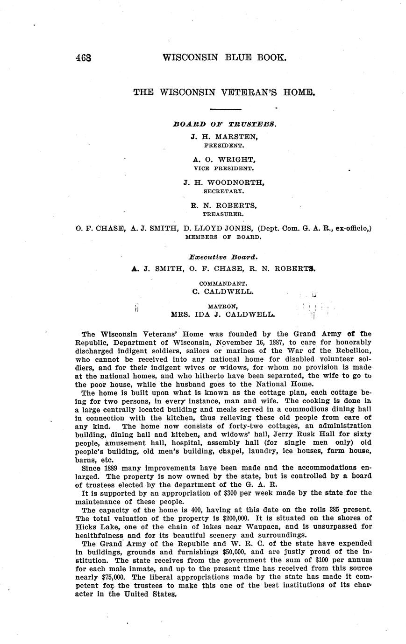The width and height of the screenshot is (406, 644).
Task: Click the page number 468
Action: (83, 58)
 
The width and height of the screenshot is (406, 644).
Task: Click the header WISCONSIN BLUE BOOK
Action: (224, 58)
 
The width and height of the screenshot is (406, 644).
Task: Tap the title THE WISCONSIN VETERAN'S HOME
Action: (224, 92)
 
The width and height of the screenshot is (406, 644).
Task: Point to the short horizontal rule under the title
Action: (225, 110)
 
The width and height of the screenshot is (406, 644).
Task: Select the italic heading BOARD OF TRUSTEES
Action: (224, 125)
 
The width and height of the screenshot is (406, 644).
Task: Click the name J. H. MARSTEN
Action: (224, 137)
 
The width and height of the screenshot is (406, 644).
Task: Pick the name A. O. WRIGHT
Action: (224, 160)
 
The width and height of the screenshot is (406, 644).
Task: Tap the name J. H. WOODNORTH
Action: (224, 182)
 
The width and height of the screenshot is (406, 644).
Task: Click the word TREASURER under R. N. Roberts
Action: (223, 214)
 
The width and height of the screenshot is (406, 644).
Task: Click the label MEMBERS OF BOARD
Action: (223, 237)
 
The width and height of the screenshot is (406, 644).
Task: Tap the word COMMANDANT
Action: (223, 283)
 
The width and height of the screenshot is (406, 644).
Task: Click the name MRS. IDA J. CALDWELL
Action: (223, 314)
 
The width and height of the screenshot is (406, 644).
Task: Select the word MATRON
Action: (223, 306)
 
